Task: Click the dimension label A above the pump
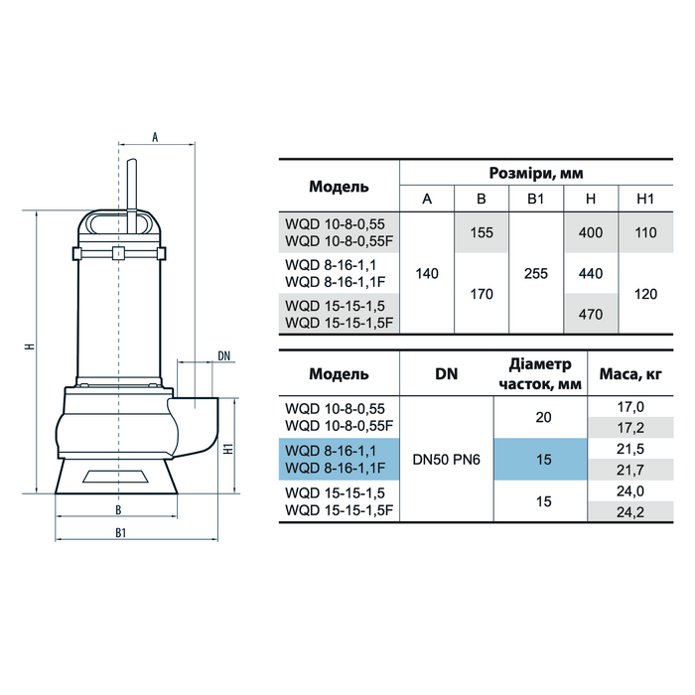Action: coord(155,137)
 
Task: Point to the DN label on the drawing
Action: coord(224,355)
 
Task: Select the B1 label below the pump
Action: coord(120,533)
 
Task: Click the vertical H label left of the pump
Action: coord(30,346)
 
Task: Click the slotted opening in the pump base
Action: coord(116,476)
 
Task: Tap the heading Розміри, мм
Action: coord(536,173)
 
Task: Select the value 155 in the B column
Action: coord(482,232)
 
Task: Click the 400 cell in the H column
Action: coord(591,232)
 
